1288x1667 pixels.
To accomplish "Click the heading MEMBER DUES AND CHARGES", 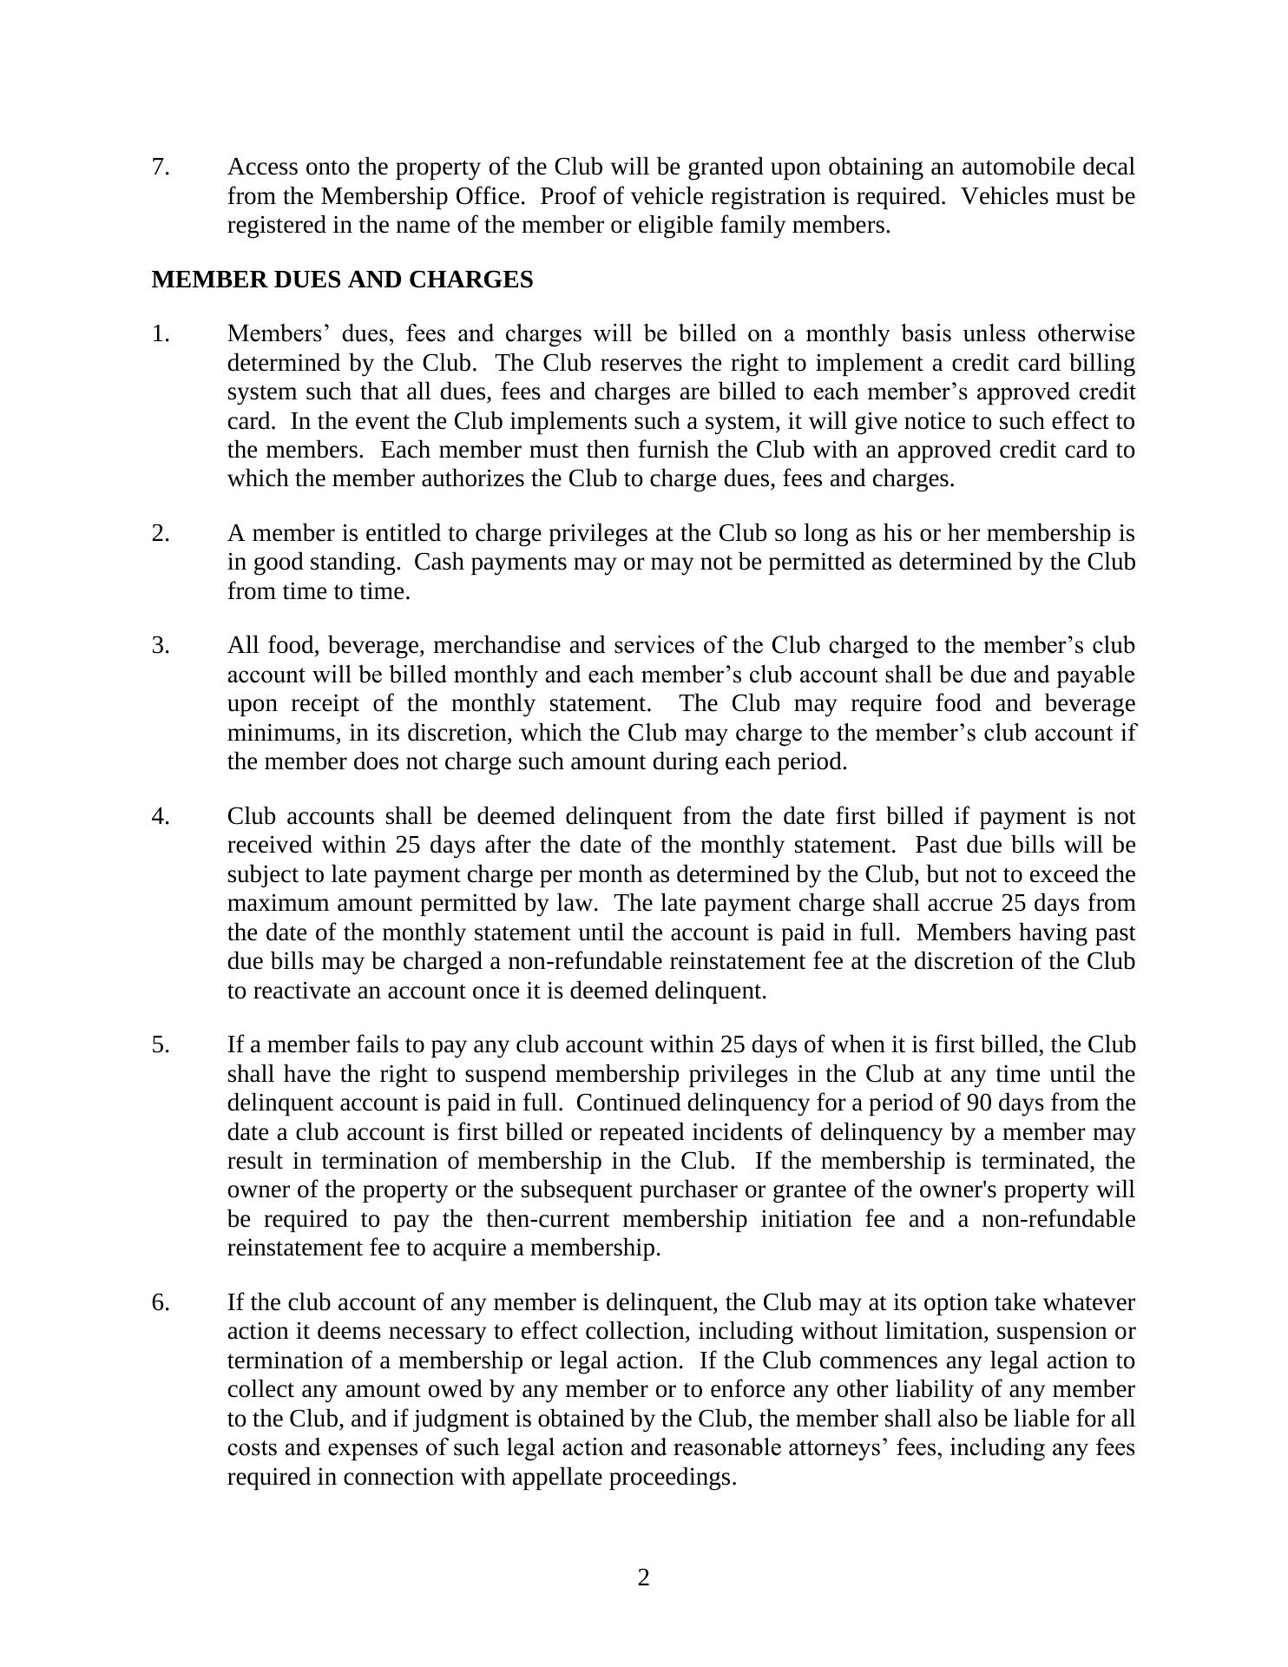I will click(342, 280).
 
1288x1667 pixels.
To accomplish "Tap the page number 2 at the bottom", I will click(643, 1578).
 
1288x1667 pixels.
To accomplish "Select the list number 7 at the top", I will click(161, 167).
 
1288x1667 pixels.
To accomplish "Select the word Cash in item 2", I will click(439, 563).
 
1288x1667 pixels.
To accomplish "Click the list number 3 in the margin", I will click(161, 646).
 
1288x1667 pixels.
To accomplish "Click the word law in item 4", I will click(579, 904).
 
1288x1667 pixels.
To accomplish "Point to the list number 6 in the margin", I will click(161, 1303).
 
